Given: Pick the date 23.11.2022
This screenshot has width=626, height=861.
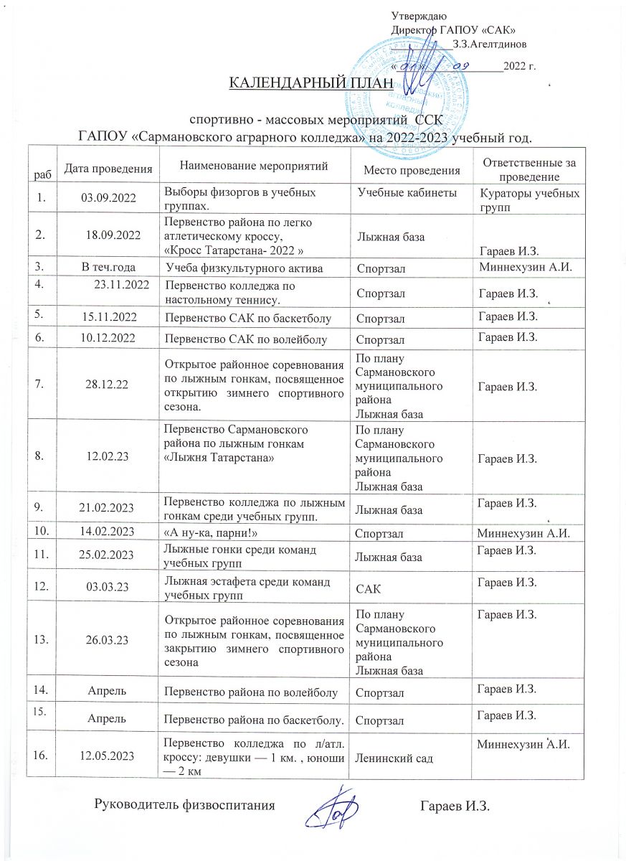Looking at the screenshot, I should (x=122, y=285).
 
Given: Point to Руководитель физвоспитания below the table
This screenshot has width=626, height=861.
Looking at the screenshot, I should (x=185, y=805).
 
